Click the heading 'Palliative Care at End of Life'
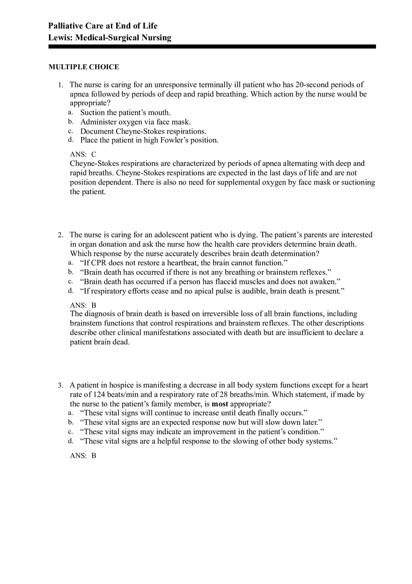click(103, 26)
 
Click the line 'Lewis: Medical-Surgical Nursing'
click(110, 38)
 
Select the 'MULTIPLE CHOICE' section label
click(84, 67)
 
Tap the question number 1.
click(60, 85)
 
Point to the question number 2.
click(60, 235)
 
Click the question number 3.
click(60, 385)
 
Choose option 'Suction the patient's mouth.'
click(125, 112)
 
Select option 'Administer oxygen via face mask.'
click(135, 122)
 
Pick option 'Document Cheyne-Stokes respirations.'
click(143, 131)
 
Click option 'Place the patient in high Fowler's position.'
click(149, 140)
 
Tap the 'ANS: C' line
click(83, 154)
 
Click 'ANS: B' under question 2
click(83, 305)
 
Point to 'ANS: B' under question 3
click(83, 455)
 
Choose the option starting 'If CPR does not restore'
click(184, 263)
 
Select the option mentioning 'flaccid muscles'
click(210, 281)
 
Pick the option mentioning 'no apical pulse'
click(212, 291)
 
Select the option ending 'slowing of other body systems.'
click(209, 441)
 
